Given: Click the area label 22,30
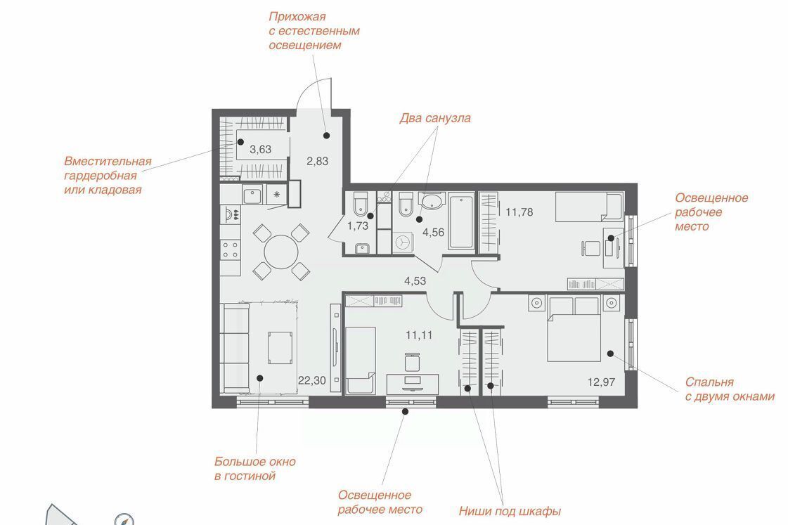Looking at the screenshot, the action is (x=311, y=380).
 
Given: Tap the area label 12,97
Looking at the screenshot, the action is (x=601, y=382).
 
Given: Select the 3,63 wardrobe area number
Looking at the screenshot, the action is (x=260, y=149).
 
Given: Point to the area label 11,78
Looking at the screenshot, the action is (x=519, y=212).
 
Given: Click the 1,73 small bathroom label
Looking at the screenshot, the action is (x=357, y=226).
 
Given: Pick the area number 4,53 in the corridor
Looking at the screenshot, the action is (x=415, y=281).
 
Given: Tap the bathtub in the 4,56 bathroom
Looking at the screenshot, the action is (x=461, y=221).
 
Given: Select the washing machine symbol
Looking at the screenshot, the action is (x=403, y=242).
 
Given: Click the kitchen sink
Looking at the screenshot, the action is (x=253, y=194).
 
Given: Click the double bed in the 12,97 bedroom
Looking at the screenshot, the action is (x=574, y=329).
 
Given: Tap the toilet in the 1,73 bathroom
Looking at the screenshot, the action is (x=360, y=204).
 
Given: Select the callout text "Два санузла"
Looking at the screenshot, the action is (x=435, y=118).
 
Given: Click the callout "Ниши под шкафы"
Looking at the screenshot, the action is (x=510, y=512).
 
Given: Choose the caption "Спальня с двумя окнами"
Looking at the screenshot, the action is (x=730, y=389).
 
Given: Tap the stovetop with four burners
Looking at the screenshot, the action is (x=231, y=249).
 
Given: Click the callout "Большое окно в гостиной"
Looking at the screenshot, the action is (x=254, y=469).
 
